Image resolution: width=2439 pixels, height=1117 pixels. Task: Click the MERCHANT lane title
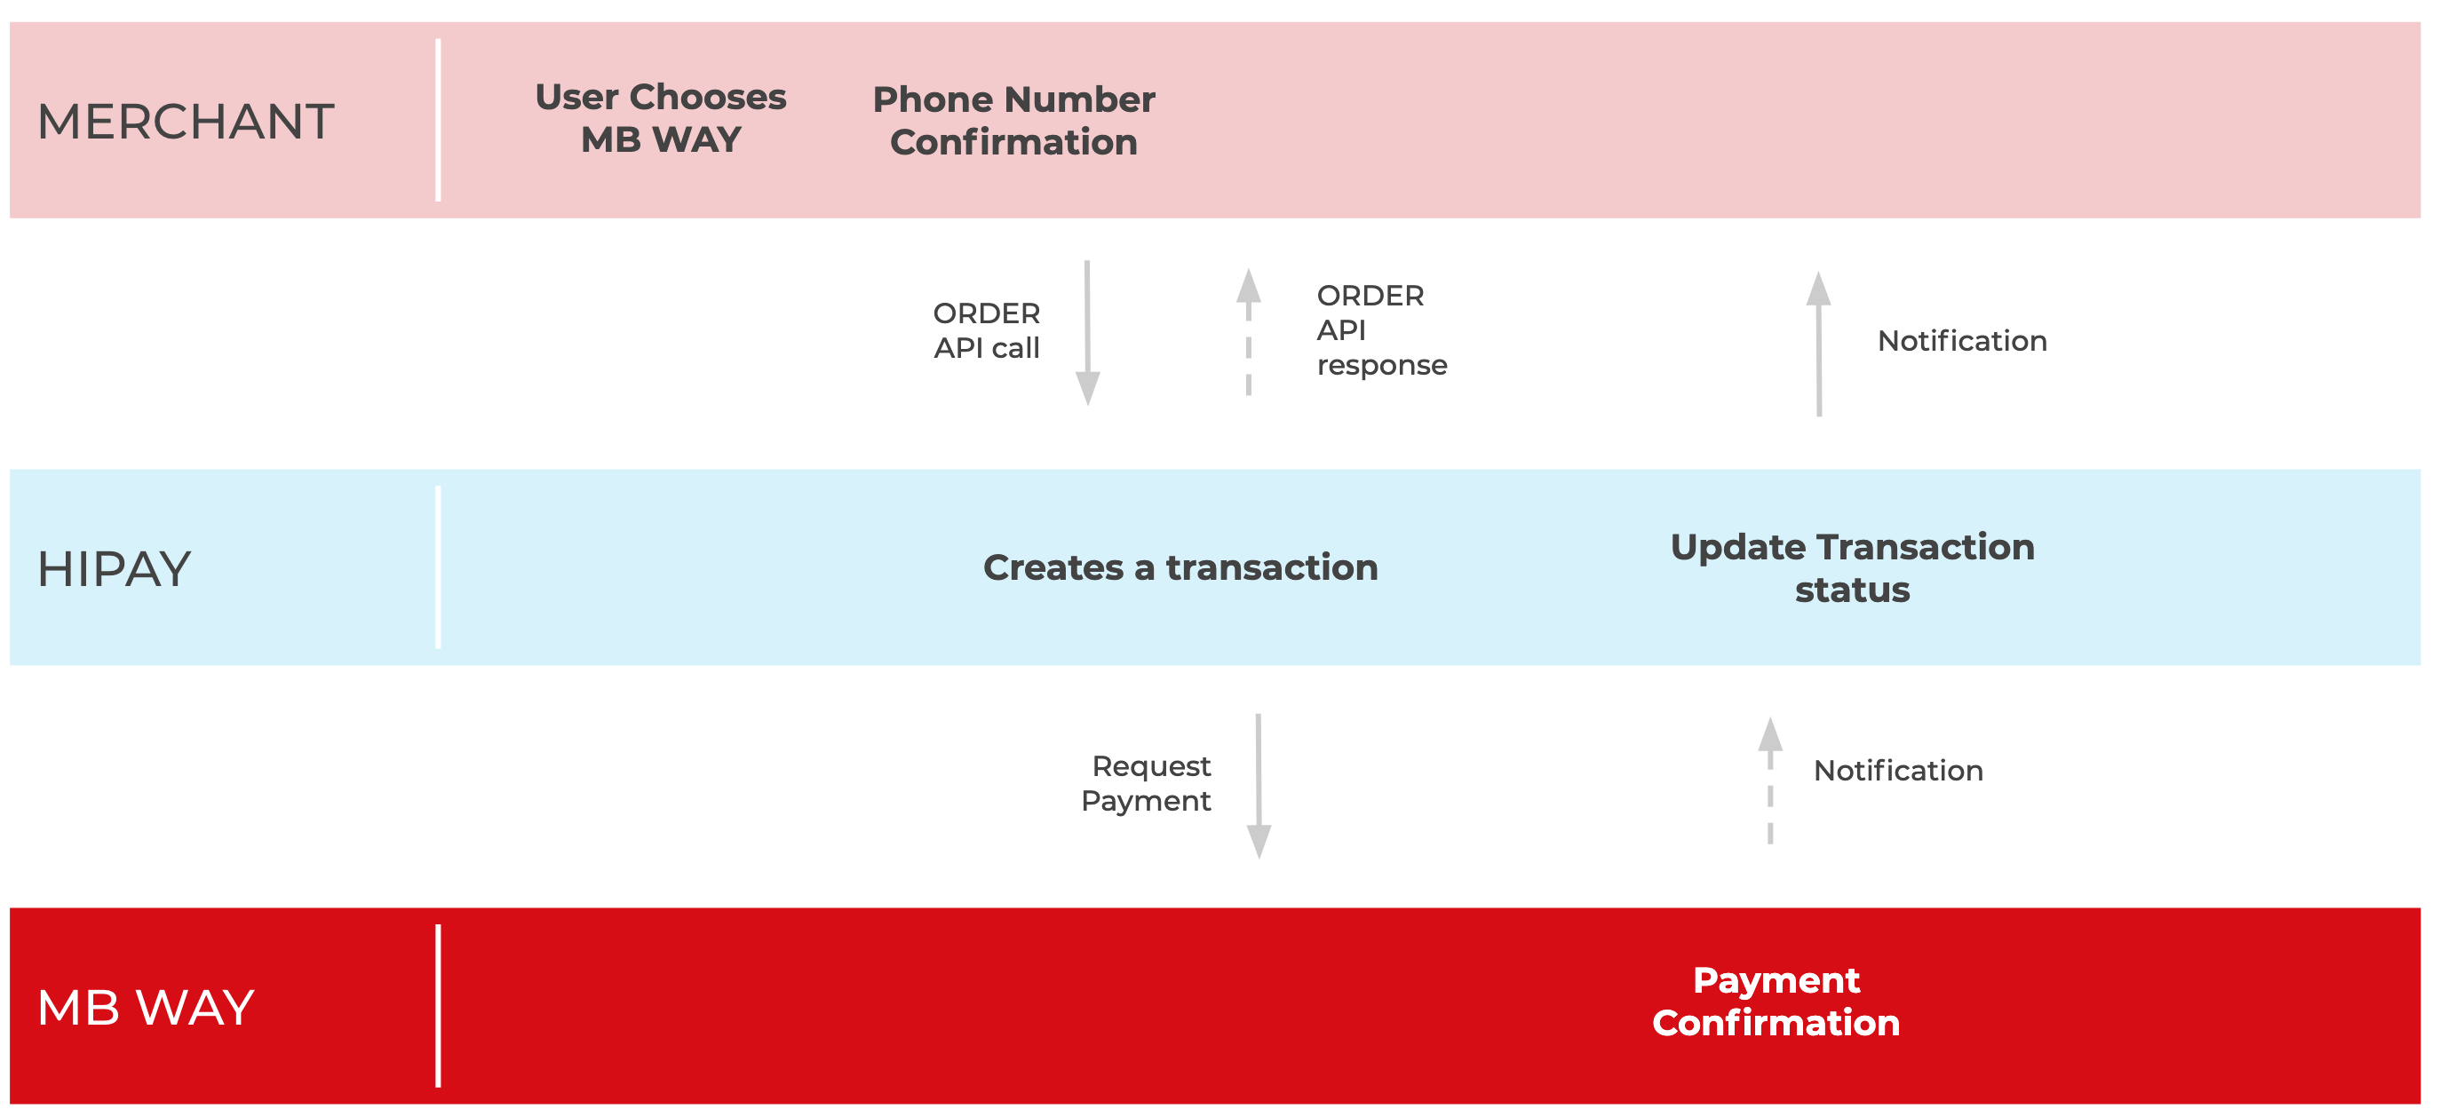tap(186, 123)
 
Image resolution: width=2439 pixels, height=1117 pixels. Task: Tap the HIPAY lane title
tap(115, 569)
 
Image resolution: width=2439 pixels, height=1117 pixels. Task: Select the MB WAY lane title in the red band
tap(146, 1007)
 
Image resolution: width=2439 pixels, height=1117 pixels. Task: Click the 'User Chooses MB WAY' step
tap(661, 118)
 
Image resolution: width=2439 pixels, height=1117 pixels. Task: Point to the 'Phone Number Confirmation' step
tap(1014, 120)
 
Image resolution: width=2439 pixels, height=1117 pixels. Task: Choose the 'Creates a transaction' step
tap(1180, 568)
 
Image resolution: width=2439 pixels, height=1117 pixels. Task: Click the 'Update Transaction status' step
tap(1852, 568)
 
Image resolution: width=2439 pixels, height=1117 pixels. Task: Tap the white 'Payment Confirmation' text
tap(1776, 1002)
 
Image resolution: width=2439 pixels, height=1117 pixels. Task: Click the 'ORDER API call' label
tap(987, 330)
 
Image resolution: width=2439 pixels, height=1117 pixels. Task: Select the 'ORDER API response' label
tap(1381, 330)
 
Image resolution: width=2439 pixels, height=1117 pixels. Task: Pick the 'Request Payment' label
tap(1147, 784)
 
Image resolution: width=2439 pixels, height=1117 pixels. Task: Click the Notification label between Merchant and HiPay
tap(1962, 341)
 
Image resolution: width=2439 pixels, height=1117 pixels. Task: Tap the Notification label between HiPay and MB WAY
tap(1898, 771)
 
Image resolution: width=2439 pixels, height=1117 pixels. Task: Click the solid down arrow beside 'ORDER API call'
tap(1088, 333)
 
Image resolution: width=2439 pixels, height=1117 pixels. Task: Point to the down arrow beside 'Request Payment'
tap(1259, 786)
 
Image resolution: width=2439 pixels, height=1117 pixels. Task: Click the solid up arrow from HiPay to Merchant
tap(1819, 344)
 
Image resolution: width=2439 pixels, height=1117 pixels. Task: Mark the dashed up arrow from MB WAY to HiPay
tap(1770, 781)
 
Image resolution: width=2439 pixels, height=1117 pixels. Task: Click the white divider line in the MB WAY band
tap(439, 1006)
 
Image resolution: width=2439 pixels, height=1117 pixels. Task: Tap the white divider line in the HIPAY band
tap(439, 568)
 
